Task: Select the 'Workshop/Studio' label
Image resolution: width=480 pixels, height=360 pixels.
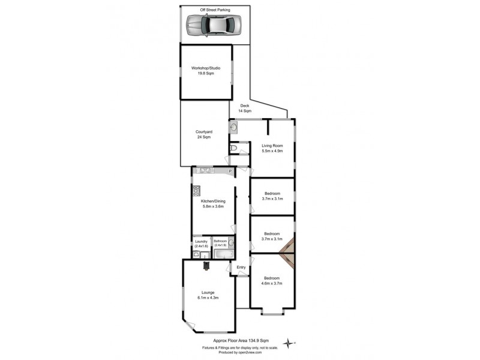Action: [206, 68]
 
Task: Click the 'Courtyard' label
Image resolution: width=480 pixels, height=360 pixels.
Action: [203, 132]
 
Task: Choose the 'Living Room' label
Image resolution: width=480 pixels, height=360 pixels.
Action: [272, 146]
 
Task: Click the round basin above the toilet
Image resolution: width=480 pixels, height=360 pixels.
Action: [233, 128]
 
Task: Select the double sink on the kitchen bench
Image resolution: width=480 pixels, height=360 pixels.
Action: [206, 170]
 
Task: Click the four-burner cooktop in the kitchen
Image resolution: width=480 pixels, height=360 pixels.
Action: [196, 191]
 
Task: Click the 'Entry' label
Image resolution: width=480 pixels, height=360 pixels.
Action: [241, 267]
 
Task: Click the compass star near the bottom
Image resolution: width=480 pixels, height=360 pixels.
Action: [290, 342]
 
